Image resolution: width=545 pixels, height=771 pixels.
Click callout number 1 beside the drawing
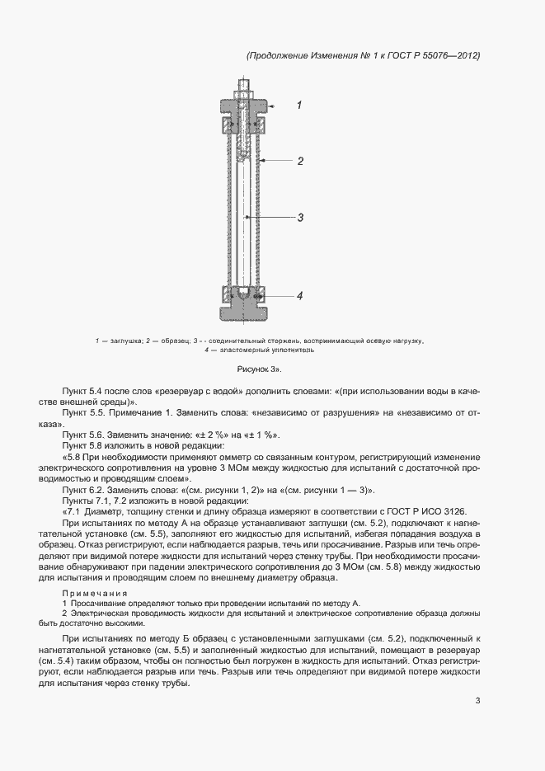pyautogui.click(x=299, y=106)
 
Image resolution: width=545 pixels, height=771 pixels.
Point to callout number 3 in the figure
pyautogui.click(x=301, y=218)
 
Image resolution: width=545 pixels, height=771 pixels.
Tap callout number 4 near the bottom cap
pyautogui.click(x=300, y=295)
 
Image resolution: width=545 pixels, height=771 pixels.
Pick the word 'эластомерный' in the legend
pyautogui.click(x=242, y=350)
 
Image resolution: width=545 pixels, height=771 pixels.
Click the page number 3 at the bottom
pyautogui.click(x=477, y=701)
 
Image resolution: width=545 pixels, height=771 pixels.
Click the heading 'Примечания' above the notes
pyautogui.click(x=95, y=594)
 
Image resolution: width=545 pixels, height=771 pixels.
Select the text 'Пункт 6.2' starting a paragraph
pyautogui.click(x=80, y=489)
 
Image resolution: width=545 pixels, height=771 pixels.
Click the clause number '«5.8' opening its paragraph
pyautogui.click(x=73, y=456)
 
